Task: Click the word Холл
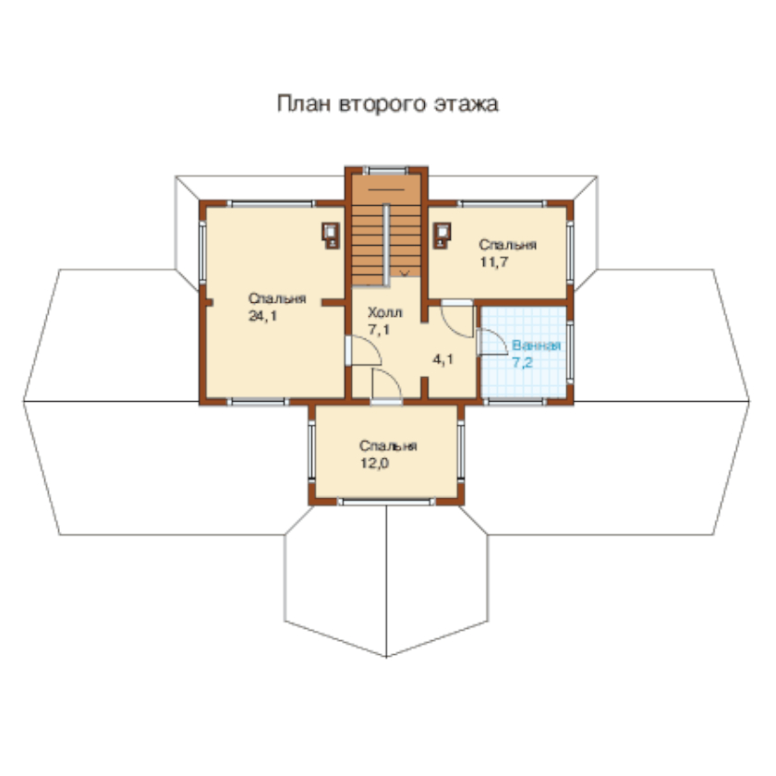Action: pos(385,312)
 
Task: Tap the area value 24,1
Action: pos(262,316)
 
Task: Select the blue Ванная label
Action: pos(537,345)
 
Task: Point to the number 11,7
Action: pos(494,261)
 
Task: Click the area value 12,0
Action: pos(375,463)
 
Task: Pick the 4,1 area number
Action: pos(443,359)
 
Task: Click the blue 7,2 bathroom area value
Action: pos(523,363)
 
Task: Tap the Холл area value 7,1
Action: pos(379,330)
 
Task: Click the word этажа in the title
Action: pos(467,104)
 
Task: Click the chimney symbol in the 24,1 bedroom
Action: pos(331,235)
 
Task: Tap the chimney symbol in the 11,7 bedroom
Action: pos(442,235)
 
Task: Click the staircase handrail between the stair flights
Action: pos(386,245)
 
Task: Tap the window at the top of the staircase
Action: pos(385,171)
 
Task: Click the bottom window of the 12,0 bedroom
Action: pos(386,502)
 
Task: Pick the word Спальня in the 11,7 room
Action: pos(508,245)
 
